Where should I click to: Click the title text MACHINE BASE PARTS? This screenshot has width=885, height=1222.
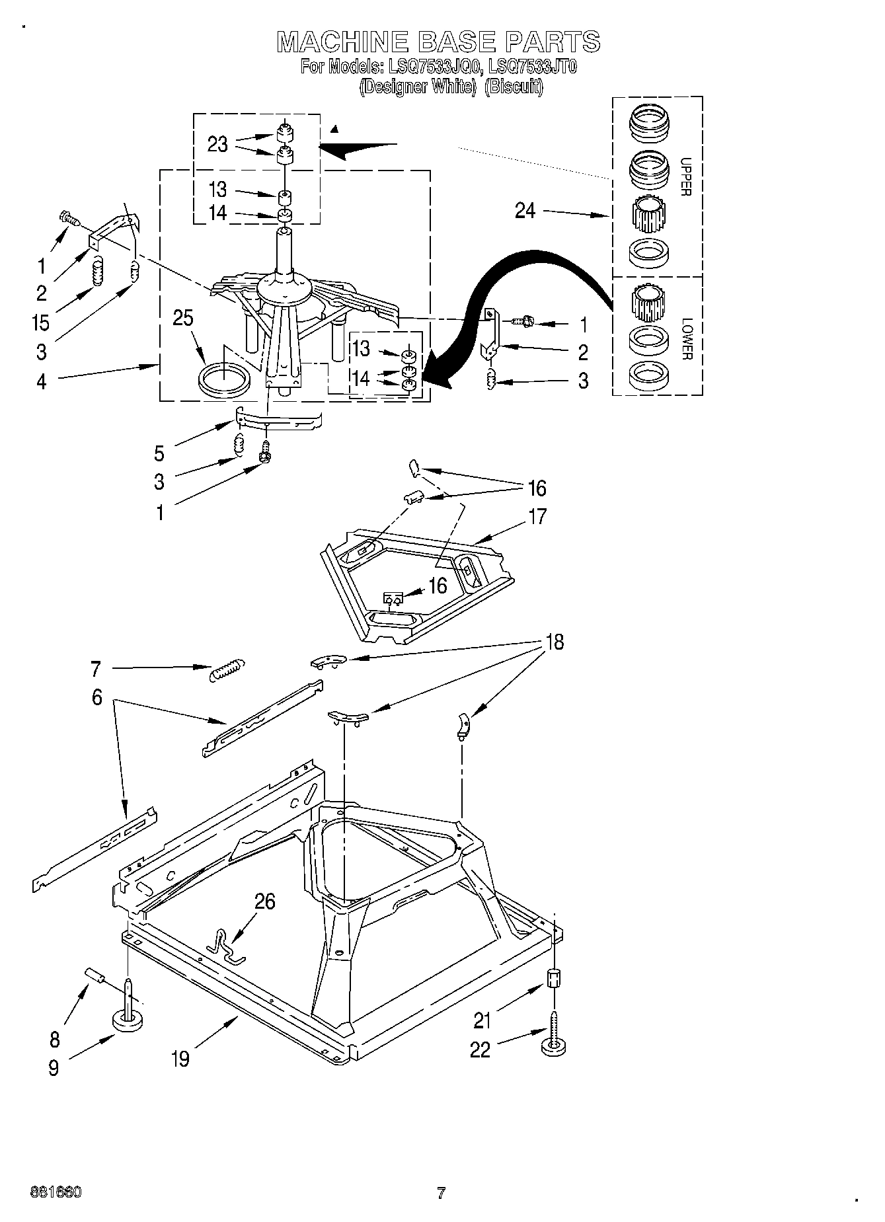438,42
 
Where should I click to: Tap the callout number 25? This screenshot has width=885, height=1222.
183,318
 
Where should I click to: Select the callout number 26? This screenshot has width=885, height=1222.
264,901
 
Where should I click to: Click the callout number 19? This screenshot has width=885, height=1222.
180,1058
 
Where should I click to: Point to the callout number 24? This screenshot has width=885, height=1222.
525,211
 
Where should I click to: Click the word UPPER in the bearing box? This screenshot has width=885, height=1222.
685,177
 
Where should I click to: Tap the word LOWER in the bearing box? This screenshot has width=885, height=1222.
685,338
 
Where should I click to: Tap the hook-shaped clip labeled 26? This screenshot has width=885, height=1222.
225,946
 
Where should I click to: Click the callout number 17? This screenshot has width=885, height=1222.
538,516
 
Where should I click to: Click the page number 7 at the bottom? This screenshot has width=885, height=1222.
441,1193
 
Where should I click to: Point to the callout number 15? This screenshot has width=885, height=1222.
40,323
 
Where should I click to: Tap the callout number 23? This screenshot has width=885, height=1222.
217,144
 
